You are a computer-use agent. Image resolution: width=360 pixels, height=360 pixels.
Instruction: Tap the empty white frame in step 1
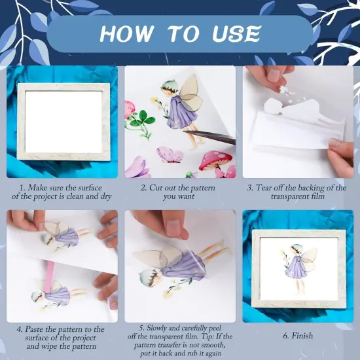coord(63,121)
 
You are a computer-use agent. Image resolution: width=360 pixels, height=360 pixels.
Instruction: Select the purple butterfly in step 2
coord(170,154)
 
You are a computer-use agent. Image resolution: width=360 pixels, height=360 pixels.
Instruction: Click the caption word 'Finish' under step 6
coord(302,336)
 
